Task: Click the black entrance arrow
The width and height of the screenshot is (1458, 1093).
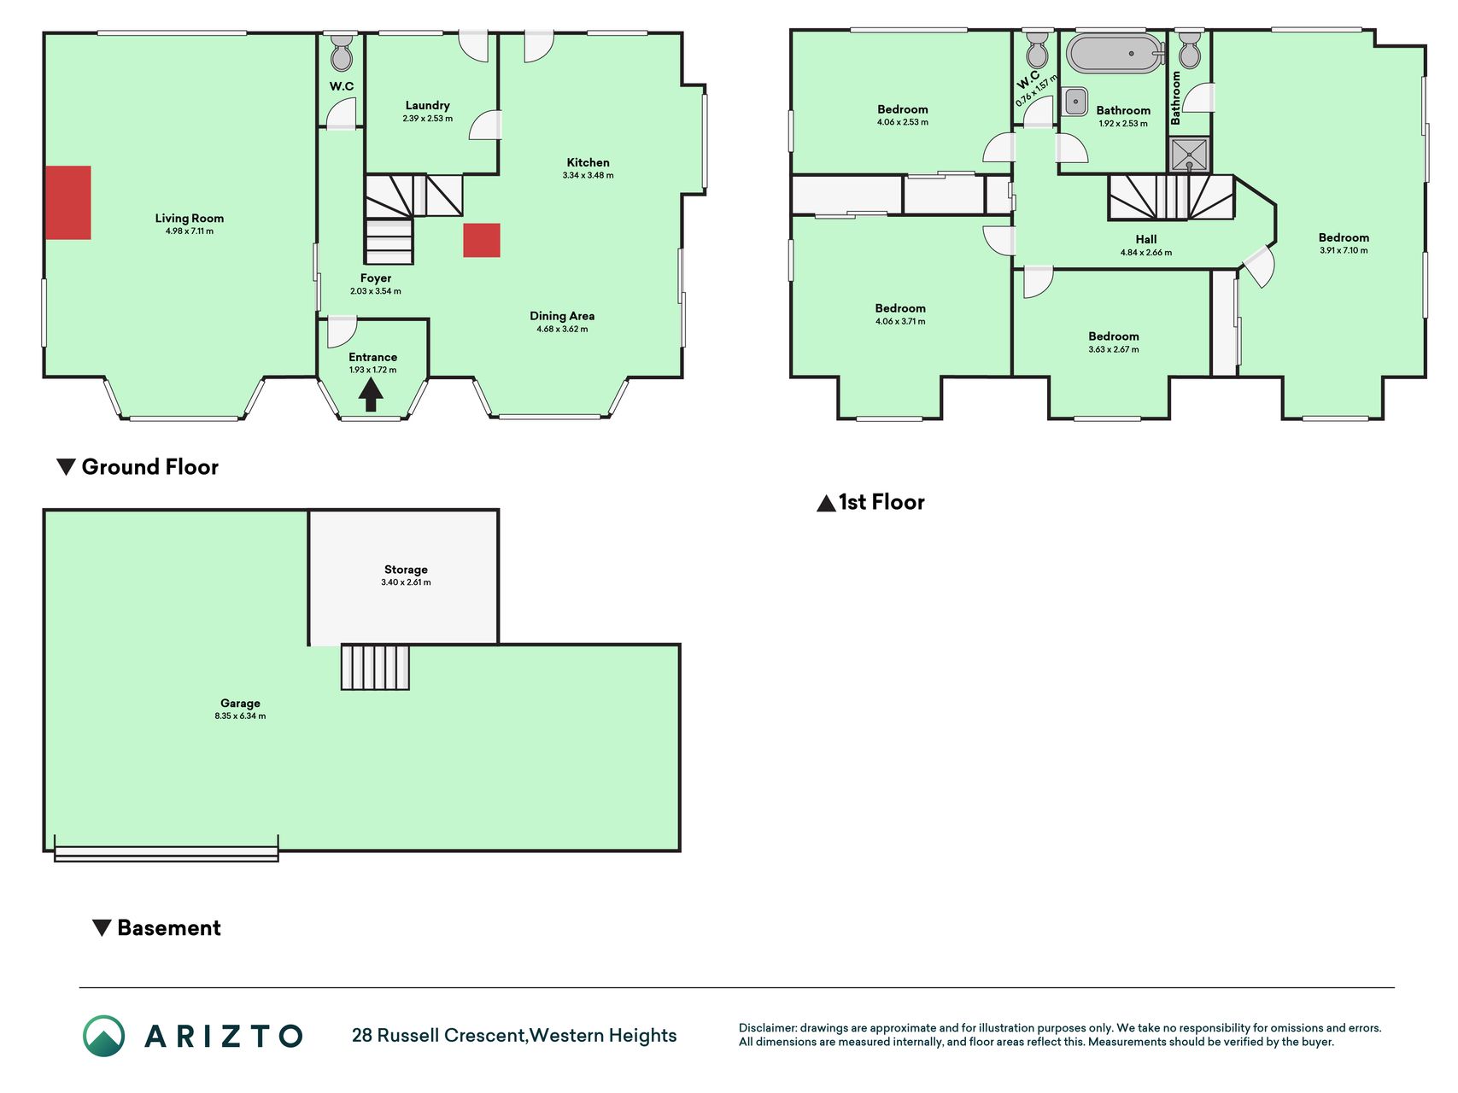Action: point(370,395)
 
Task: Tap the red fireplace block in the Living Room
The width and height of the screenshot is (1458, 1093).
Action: point(68,202)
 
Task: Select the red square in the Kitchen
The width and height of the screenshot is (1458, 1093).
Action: point(482,240)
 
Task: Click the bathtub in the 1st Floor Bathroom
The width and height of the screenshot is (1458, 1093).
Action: point(1115,53)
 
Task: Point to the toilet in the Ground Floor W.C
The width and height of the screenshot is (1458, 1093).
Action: point(341,54)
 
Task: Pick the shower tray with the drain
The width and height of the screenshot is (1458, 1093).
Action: point(1189,155)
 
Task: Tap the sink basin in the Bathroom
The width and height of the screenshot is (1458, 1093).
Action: point(1075,101)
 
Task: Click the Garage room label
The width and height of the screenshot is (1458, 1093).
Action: point(240,704)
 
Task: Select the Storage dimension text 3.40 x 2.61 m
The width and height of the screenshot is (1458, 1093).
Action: point(406,582)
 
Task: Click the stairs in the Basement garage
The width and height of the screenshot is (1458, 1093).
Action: point(375,667)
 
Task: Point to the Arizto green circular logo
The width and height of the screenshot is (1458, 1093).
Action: point(104,1036)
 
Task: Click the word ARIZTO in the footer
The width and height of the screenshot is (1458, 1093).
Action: point(224,1037)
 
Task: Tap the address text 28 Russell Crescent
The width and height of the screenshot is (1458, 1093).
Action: point(439,1036)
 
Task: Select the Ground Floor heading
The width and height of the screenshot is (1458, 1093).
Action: point(138,467)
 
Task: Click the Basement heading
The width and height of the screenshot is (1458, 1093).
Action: point(156,928)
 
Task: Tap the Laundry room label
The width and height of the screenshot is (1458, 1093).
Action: point(427,106)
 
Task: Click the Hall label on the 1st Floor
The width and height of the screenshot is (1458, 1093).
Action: point(1146,239)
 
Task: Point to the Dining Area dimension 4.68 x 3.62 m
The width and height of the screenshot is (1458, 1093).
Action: point(562,329)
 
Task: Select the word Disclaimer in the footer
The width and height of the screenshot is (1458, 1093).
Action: point(767,1028)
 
